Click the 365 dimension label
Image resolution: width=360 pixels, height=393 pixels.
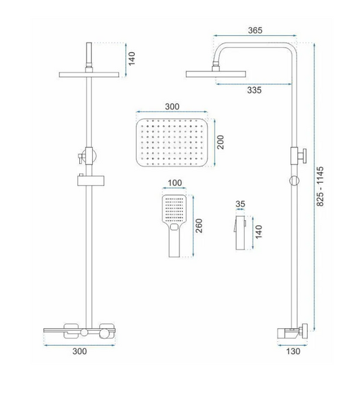tap(255, 30)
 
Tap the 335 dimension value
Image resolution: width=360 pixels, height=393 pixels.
tap(254, 90)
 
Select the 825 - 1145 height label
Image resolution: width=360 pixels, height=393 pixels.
tap(320, 187)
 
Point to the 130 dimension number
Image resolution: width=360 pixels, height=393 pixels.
tap(293, 351)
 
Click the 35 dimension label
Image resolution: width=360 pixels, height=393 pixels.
tap(240, 204)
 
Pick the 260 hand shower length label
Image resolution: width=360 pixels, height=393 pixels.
tap(199, 226)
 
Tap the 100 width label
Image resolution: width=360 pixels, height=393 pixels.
tap(175, 183)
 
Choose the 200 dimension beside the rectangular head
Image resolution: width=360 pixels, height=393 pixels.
tap(220, 142)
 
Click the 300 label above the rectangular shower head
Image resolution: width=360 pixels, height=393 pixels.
tap(172, 107)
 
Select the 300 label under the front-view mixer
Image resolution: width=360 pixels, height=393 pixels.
tap(80, 351)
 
